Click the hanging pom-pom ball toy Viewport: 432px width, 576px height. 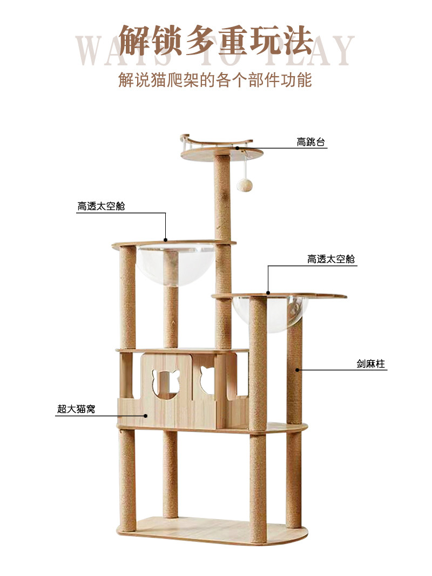[x=245, y=185]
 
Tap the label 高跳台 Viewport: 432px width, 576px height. [x=311, y=142]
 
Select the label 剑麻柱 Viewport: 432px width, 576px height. [x=370, y=364]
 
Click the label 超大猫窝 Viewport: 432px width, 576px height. [x=76, y=409]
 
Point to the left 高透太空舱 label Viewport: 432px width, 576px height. [x=101, y=206]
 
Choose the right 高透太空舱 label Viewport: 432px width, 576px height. [x=331, y=259]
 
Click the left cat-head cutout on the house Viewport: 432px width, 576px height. [x=165, y=382]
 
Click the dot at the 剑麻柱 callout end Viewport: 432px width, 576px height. [x=296, y=370]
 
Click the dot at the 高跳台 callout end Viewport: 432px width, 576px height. [x=238, y=147]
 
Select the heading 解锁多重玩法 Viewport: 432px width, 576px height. [x=215, y=41]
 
